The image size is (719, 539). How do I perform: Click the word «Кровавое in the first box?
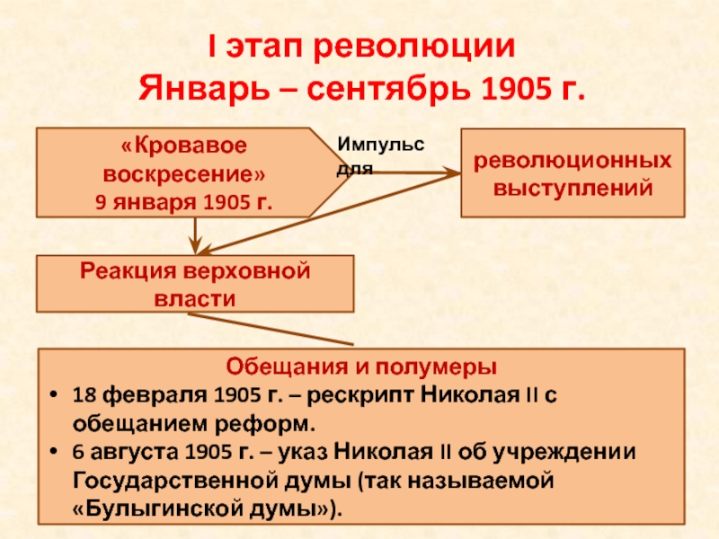184,146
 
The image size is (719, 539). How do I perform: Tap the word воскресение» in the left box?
184,174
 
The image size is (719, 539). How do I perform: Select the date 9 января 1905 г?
184,202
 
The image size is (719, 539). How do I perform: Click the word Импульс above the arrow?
380,145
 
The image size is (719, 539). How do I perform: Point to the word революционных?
573,162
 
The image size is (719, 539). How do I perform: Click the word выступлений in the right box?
573,189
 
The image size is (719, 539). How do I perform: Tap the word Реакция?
128,271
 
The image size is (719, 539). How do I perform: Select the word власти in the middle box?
195,299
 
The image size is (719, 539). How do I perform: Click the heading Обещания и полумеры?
361,367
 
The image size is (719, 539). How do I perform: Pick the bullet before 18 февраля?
55,394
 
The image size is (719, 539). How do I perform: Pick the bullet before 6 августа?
55,452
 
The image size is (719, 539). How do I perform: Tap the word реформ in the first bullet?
265,424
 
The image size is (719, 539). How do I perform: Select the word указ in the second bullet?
303,453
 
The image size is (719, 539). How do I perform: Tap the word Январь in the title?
204,87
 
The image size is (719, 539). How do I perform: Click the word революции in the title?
414,47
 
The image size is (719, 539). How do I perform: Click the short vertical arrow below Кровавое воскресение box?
195,235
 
